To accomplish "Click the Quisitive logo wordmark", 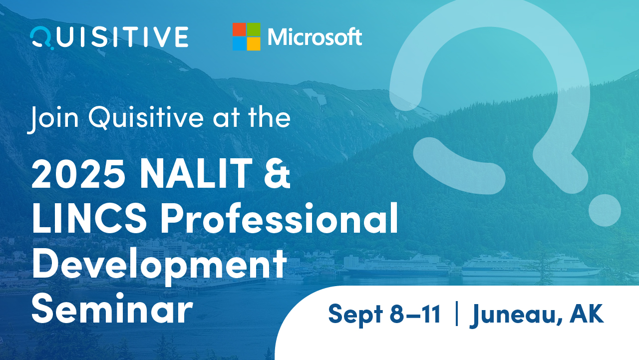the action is tap(109, 37).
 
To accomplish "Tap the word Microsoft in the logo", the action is tap(315, 37).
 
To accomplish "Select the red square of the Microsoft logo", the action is tap(239, 29).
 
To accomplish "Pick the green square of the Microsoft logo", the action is tap(254, 29).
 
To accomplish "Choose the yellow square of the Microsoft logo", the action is tap(254, 44).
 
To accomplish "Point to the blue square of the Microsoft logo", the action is tap(239, 44).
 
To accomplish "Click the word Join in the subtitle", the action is tap(53, 119).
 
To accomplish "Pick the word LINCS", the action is tap(89, 218).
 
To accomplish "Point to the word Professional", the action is tap(280, 218).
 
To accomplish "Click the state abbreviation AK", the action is tap(587, 313).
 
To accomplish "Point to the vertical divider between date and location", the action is tap(457, 314).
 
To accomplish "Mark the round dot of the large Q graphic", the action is tap(605, 211).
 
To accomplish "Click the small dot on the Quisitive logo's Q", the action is tap(52, 48).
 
